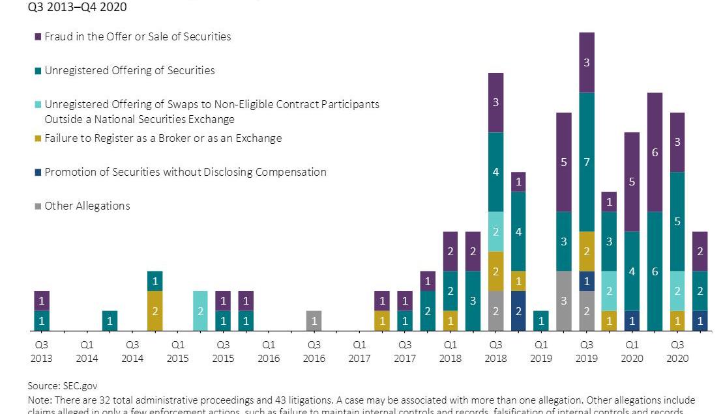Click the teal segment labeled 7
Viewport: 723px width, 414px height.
(x=587, y=162)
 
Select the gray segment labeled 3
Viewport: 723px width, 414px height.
(x=564, y=301)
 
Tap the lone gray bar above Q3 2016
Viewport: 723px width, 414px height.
(x=314, y=321)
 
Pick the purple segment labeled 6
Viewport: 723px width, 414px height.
(x=655, y=152)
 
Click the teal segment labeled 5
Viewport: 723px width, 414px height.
(x=677, y=221)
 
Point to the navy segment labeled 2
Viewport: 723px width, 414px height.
(x=518, y=310)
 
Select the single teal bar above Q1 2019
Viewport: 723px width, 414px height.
(x=541, y=321)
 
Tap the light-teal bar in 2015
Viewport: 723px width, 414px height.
(x=200, y=310)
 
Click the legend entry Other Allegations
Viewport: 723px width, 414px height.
(x=87, y=206)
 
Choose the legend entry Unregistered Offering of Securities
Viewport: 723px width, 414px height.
(x=129, y=70)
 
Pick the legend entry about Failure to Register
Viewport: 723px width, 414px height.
(x=163, y=139)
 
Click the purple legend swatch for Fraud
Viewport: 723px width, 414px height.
(x=38, y=37)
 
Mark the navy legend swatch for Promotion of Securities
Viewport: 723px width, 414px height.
(x=38, y=172)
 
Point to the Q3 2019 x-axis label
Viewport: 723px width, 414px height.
(x=587, y=352)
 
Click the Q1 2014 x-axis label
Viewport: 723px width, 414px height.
(x=87, y=352)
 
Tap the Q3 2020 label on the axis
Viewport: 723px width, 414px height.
(x=677, y=352)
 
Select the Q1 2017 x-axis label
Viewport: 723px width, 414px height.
(x=359, y=352)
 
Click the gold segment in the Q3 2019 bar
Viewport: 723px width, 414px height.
(x=587, y=251)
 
